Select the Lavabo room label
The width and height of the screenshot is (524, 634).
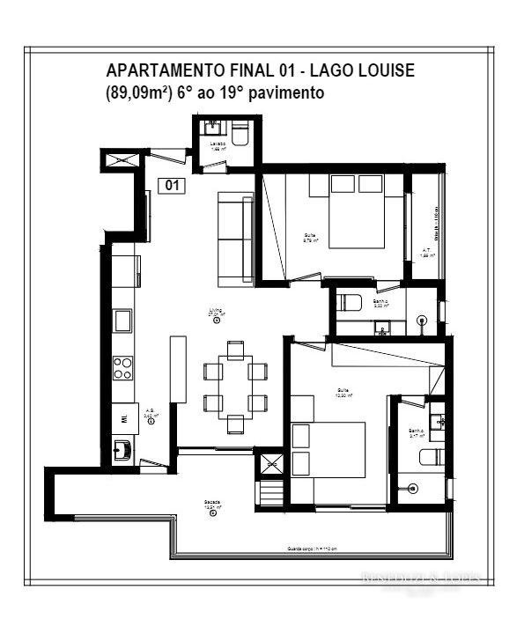[217, 144]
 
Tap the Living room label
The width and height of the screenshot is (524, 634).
[215, 312]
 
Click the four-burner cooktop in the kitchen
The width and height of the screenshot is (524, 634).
[122, 366]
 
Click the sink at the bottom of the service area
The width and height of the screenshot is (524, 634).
[124, 449]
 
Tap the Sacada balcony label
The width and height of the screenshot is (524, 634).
[211, 503]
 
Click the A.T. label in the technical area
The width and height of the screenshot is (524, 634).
[426, 251]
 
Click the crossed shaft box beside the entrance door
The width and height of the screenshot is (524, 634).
[117, 160]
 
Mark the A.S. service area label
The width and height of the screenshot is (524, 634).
[151, 413]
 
